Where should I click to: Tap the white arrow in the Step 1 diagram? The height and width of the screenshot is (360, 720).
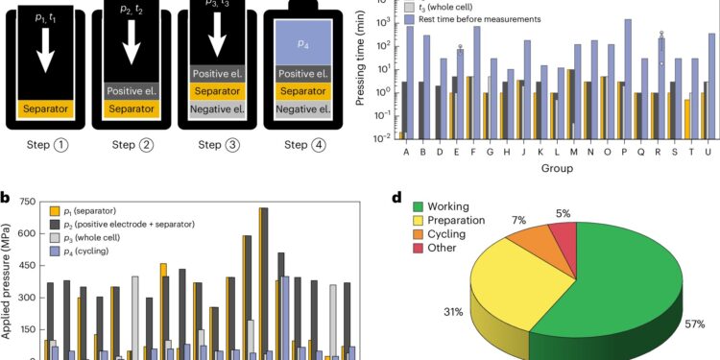click(x=42, y=57)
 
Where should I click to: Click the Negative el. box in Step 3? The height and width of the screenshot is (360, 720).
click(x=221, y=110)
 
